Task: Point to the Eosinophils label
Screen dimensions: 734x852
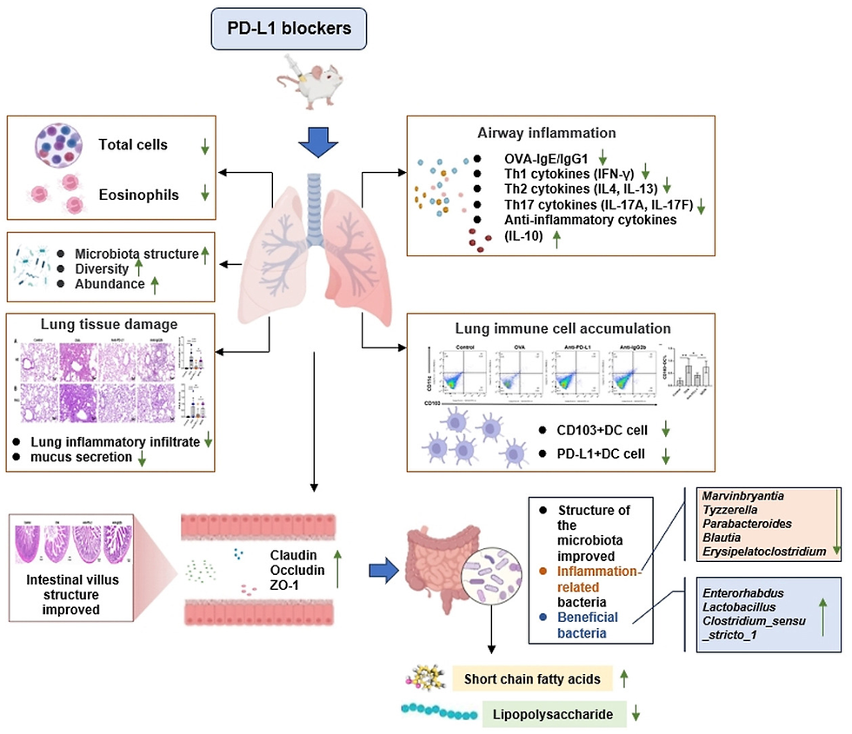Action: [x=138, y=195]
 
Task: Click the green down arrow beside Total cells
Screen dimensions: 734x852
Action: [x=204, y=145]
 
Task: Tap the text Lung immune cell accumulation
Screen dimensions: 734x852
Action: [x=562, y=328]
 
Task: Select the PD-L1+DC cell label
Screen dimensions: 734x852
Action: [x=601, y=455]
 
